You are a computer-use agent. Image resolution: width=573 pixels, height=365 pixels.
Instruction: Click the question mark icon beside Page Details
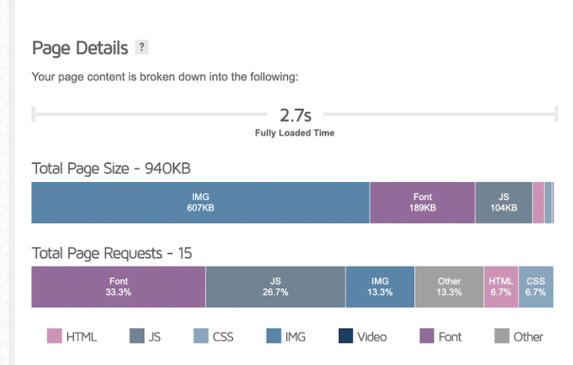point(142,48)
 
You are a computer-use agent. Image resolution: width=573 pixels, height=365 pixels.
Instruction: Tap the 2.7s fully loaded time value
point(295,115)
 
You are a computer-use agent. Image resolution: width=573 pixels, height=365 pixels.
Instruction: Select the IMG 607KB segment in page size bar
point(200,202)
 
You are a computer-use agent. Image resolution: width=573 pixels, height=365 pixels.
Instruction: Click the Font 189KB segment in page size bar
point(422,202)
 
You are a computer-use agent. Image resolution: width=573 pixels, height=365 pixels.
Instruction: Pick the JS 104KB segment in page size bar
point(504,202)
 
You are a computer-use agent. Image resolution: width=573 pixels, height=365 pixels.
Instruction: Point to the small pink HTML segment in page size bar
point(538,202)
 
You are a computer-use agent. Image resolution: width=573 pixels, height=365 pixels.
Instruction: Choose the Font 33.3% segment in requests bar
point(118,287)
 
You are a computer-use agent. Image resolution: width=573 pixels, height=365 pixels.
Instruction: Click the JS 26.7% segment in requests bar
point(275,287)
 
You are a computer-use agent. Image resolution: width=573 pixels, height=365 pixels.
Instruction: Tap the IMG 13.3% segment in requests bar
point(380,287)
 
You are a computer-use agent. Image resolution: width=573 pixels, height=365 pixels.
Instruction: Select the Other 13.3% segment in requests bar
point(449,287)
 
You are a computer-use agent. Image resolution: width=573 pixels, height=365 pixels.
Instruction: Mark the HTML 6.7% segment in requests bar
point(501,287)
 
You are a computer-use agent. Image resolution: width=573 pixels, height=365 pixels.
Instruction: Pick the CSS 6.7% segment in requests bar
point(536,287)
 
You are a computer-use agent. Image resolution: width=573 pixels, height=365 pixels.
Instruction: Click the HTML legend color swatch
point(54,337)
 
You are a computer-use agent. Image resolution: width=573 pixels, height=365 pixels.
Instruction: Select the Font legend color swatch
point(427,337)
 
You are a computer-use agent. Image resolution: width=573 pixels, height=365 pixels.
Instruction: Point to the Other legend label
point(528,337)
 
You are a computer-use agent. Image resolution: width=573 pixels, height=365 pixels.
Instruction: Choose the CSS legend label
point(223,337)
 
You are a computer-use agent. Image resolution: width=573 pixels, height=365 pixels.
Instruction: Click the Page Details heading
point(79,49)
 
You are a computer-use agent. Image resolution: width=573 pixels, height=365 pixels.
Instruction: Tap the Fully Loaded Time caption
point(295,133)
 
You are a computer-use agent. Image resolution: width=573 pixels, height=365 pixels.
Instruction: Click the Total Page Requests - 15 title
point(112,253)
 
